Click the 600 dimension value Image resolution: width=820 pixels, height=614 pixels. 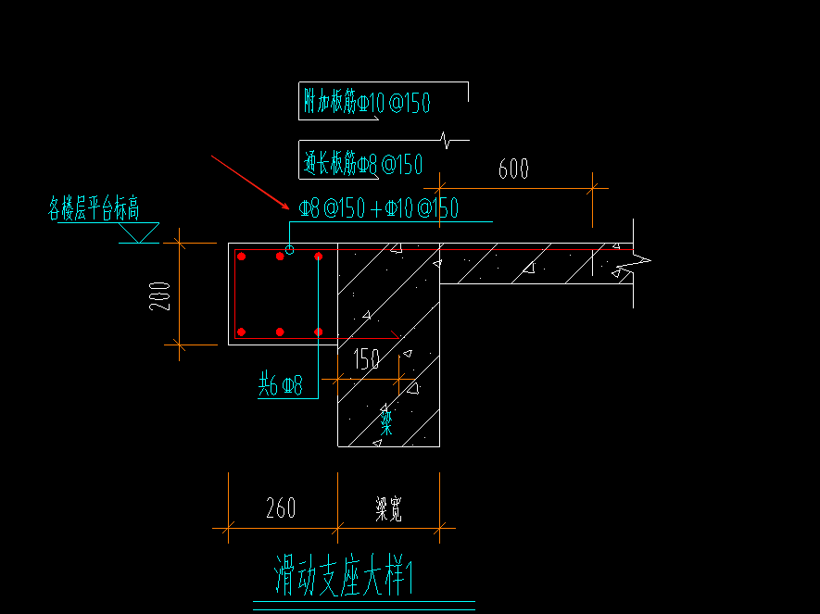pyautogui.click(x=513, y=169)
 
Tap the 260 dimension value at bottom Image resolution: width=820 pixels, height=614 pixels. pyautogui.click(x=281, y=508)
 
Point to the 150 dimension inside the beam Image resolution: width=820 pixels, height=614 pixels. pyautogui.click(x=366, y=359)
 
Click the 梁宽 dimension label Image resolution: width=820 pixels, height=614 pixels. pyautogui.click(x=388, y=509)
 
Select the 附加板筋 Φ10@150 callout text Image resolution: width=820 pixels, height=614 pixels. pyautogui.click(x=367, y=102)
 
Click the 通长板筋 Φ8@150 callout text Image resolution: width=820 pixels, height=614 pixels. pyautogui.click(x=362, y=165)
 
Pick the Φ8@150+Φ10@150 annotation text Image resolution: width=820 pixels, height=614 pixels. pyautogui.click(x=378, y=208)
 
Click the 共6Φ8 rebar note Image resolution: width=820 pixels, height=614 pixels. pyautogui.click(x=280, y=386)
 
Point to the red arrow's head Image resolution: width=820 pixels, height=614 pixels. pyautogui.click(x=287, y=208)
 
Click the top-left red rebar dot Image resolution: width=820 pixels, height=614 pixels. pyautogui.click(x=241, y=257)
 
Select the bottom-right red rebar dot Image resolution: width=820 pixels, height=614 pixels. pyautogui.click(x=318, y=332)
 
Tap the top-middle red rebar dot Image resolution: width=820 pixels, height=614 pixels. pyautogui.click(x=280, y=257)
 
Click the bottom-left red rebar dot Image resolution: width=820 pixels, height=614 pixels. pyautogui.click(x=241, y=332)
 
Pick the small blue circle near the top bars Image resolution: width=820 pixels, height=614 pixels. pyautogui.click(x=290, y=250)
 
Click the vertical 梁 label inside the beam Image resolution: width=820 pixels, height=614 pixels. pyautogui.click(x=386, y=422)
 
